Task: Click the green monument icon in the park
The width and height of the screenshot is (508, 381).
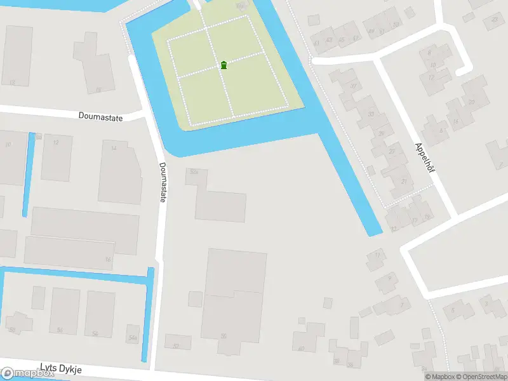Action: pos(224,65)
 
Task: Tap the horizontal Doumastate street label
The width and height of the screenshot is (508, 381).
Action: pos(101,116)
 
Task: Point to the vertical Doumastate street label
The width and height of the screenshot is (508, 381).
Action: pos(163,182)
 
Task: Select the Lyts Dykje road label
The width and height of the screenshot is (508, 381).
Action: pos(61,368)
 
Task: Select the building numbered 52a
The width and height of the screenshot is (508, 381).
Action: pos(220,201)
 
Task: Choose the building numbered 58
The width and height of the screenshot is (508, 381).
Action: pos(234,298)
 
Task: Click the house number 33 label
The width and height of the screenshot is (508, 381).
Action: pos(371,115)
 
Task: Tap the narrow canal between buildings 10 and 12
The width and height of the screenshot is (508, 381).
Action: pos(29,175)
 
